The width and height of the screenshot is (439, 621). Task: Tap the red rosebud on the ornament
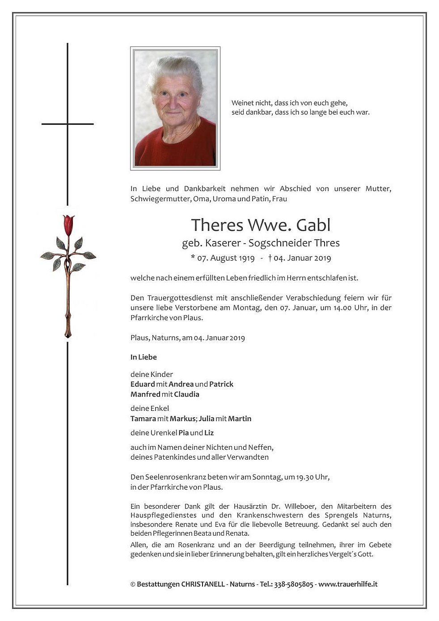click(68, 225)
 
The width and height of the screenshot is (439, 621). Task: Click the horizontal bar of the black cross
click(68, 124)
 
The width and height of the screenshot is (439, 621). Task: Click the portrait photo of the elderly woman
click(175, 108)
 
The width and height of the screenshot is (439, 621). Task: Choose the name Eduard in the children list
click(143, 384)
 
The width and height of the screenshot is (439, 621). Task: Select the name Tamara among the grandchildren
click(143, 418)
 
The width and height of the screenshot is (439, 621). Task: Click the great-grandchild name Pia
click(183, 433)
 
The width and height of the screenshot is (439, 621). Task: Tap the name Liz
click(209, 433)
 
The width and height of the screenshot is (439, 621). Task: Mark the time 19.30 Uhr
click(312, 477)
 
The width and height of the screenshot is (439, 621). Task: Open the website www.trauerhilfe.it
click(348, 584)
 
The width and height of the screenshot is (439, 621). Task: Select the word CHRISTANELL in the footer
click(202, 584)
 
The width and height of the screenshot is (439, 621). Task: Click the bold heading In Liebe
click(144, 357)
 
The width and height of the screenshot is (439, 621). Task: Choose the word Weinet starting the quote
click(242, 102)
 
